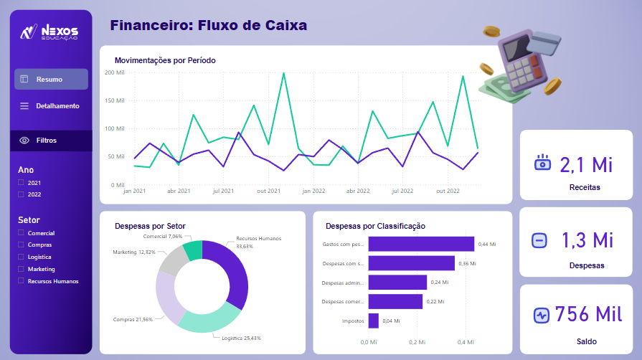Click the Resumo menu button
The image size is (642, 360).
(51, 79)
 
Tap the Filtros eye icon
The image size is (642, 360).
(24, 141)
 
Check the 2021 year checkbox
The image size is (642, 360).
(22, 183)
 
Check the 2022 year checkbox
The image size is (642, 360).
(22, 194)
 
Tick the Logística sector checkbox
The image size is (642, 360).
(22, 257)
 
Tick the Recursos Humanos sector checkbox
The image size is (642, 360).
(22, 280)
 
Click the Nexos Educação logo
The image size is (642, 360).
(50, 32)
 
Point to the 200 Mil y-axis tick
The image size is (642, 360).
(115, 72)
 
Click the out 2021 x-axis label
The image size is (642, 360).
(268, 191)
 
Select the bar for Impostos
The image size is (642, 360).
(373, 321)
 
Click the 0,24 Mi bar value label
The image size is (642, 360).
(439, 283)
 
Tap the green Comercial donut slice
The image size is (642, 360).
(193, 251)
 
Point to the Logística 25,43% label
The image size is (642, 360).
(241, 338)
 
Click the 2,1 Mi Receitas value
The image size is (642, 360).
(586, 164)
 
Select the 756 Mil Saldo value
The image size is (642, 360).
(587, 314)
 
